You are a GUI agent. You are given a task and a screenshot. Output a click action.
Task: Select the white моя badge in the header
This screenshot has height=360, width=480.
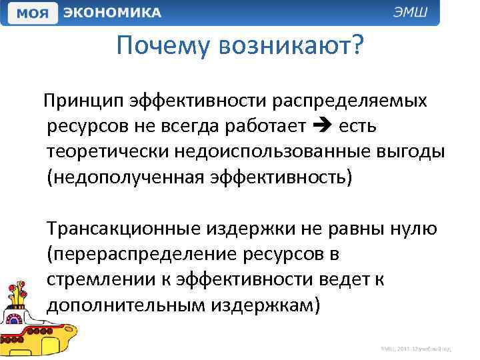point(30,13)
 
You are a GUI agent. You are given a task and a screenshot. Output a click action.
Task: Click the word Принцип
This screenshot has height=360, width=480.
point(83,101)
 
